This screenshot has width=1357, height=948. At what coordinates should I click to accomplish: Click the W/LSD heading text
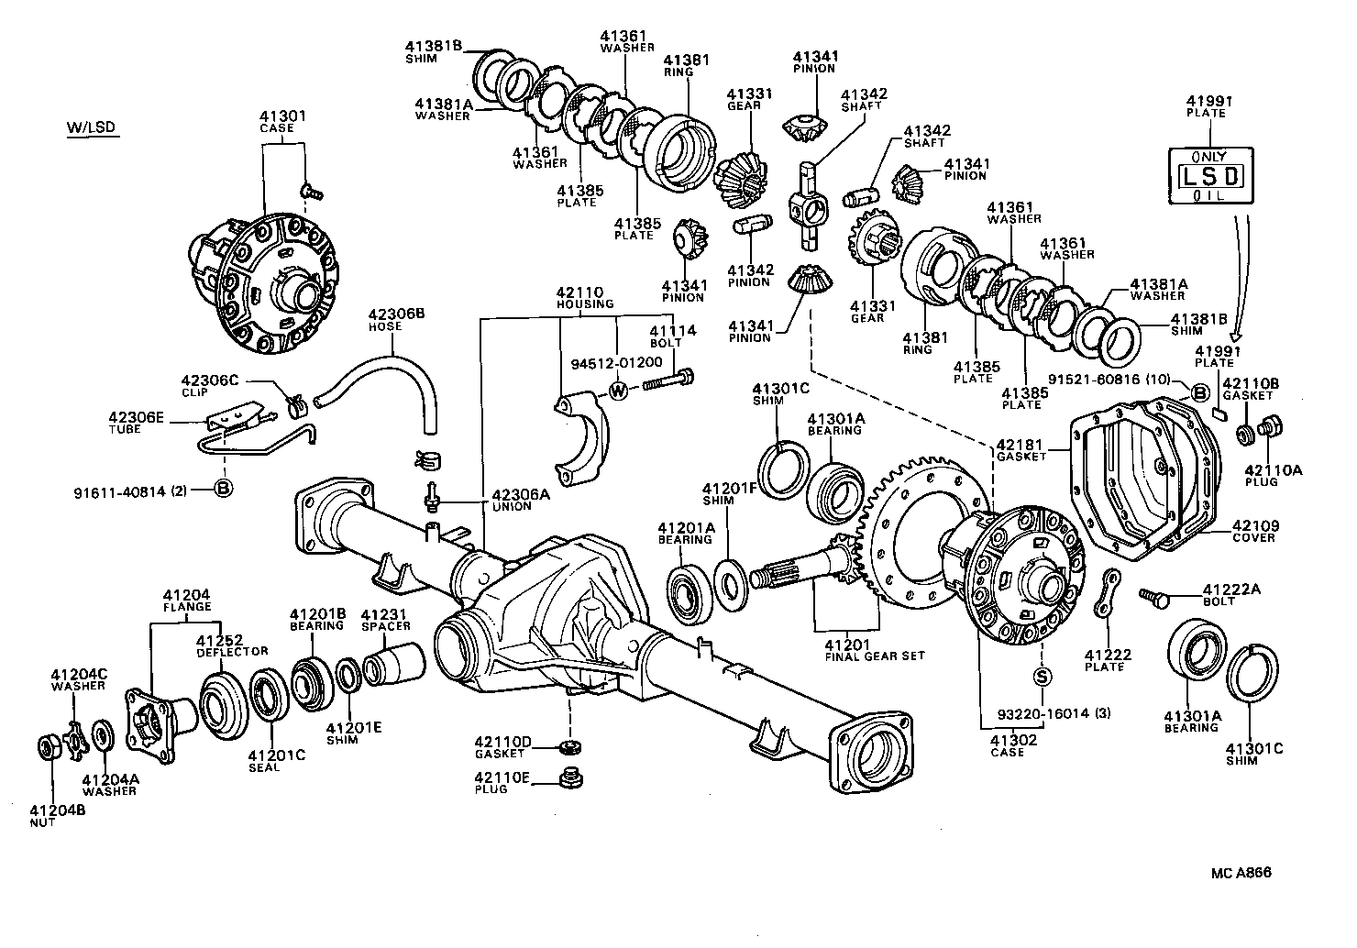[x=91, y=127]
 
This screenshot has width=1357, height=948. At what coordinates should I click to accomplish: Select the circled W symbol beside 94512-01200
[x=619, y=391]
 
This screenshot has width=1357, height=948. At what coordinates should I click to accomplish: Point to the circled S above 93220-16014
[x=1043, y=678]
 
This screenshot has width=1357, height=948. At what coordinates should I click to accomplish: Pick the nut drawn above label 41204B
[x=49, y=745]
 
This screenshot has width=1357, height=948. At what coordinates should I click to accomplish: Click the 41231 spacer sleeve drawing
[x=392, y=665]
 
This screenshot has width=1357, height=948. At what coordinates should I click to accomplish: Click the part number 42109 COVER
[x=1253, y=531]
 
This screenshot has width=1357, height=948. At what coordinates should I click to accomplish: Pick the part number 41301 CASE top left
[x=282, y=122]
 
